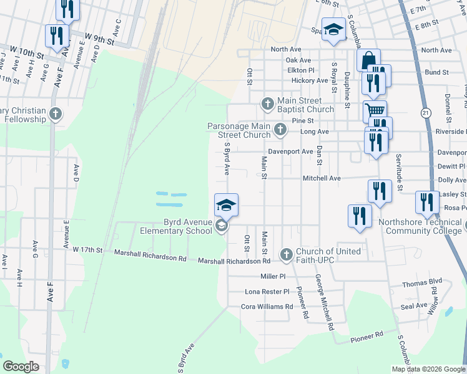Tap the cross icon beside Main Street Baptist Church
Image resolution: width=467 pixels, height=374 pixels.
[x=268, y=103]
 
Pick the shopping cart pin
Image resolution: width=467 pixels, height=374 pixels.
[x=375, y=110]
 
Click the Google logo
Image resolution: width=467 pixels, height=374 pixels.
[x=21, y=366]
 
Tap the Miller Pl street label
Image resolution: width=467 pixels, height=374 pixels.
[x=273, y=276]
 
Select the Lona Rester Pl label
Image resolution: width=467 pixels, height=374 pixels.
[x=267, y=291]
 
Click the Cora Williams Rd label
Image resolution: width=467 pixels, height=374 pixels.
[x=267, y=307]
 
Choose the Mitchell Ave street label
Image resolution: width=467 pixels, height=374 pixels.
[x=322, y=178]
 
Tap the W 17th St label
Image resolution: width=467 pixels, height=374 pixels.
[x=87, y=249]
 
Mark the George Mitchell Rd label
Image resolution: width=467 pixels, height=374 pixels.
[x=323, y=302]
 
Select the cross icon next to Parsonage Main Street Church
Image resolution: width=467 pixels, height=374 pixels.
[x=280, y=130]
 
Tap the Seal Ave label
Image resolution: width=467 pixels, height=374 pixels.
[x=414, y=305]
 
